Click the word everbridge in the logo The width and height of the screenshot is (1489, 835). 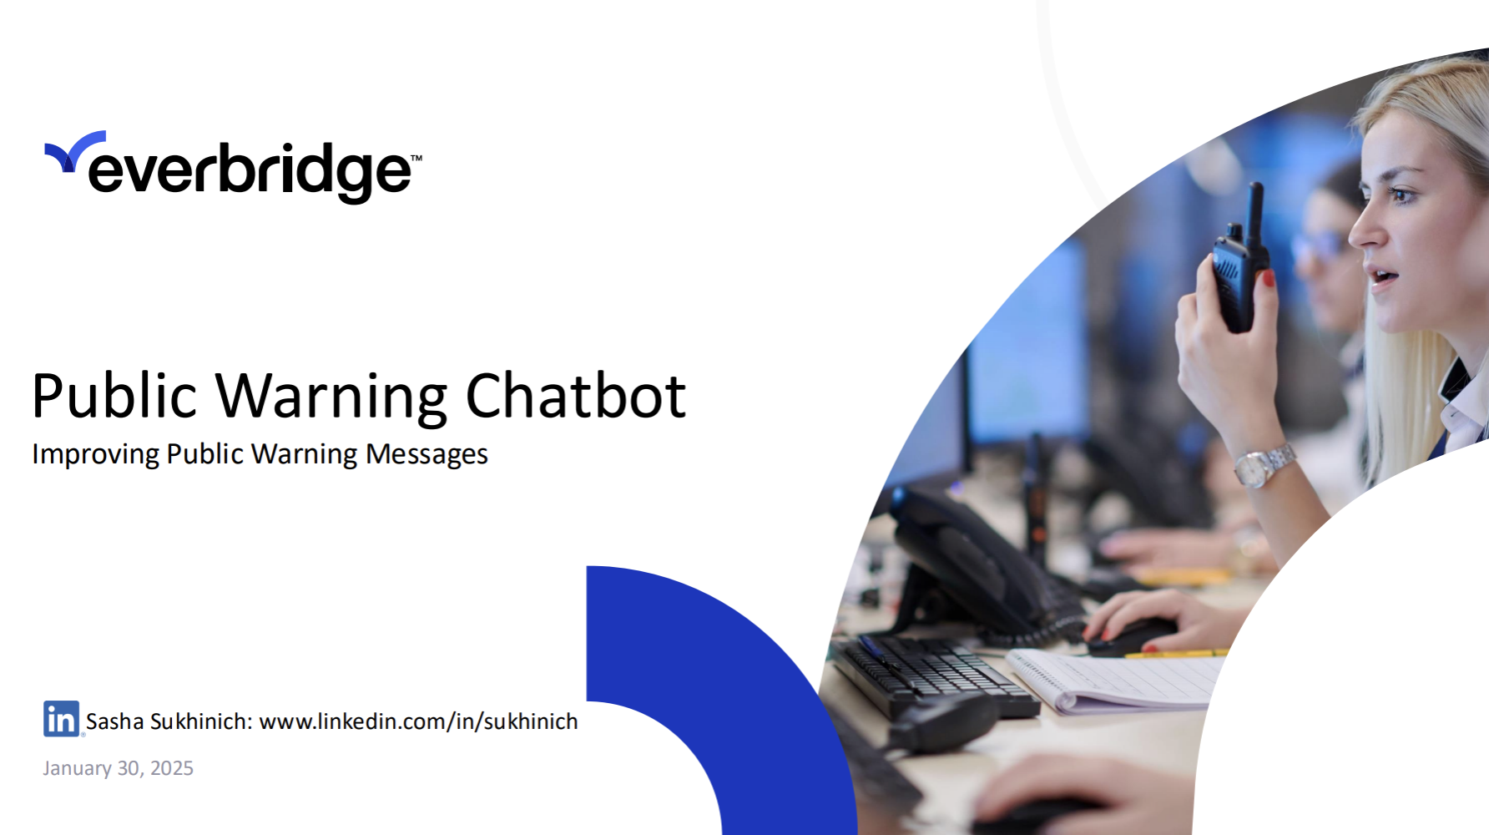coord(250,171)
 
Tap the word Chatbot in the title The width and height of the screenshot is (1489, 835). coord(576,396)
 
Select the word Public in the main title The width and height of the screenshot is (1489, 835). coord(114,396)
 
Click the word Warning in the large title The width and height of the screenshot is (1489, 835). coord(332,398)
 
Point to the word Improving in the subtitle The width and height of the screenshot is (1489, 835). coord(95,455)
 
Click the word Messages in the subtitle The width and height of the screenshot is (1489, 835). coord(427,455)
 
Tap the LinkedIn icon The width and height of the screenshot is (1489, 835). coord(62,718)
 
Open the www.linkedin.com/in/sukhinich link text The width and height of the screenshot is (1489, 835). coord(418,721)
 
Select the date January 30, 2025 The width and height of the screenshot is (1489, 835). coord(119,768)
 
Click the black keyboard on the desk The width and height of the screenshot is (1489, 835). coord(935,676)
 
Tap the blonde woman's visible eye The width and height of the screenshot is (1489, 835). coord(1401,195)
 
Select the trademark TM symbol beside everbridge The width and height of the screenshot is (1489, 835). coord(416,157)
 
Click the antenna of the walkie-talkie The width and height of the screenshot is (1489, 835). coord(1253,212)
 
